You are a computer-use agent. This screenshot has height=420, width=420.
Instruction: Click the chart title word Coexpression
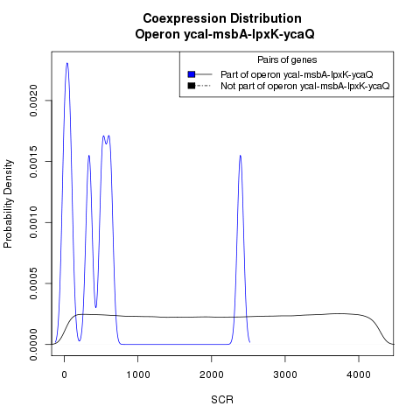tap(185, 18)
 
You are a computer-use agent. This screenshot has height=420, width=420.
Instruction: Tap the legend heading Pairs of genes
tap(287, 59)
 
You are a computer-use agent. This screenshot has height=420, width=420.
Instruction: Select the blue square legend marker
tap(192, 74)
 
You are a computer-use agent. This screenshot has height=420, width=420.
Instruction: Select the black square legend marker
tap(192, 86)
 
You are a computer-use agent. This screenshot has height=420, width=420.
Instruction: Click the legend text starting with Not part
tap(305, 86)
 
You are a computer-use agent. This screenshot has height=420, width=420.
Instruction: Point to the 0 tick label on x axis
tap(65, 374)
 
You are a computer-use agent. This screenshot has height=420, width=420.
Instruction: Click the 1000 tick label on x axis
tap(138, 374)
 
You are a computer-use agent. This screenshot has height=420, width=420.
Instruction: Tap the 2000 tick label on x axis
tap(212, 374)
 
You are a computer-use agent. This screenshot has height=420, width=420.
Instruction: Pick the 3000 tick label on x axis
tap(285, 374)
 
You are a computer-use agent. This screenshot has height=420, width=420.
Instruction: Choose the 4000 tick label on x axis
tap(359, 374)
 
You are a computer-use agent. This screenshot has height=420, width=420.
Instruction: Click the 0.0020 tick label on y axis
tap(33, 101)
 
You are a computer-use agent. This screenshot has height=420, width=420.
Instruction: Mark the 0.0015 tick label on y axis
tap(33, 162)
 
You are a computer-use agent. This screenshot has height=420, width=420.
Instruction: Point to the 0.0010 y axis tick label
tap(33, 222)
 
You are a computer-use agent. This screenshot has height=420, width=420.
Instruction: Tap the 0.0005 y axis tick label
tap(33, 283)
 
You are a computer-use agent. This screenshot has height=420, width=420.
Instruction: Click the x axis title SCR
tap(222, 400)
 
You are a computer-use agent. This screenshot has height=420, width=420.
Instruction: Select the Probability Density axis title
tap(8, 204)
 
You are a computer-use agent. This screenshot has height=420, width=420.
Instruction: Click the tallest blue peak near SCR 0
tap(67, 63)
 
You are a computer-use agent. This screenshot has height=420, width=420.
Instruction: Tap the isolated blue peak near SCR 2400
tap(240, 156)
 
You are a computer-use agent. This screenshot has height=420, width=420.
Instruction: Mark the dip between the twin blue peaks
tap(106, 143)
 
